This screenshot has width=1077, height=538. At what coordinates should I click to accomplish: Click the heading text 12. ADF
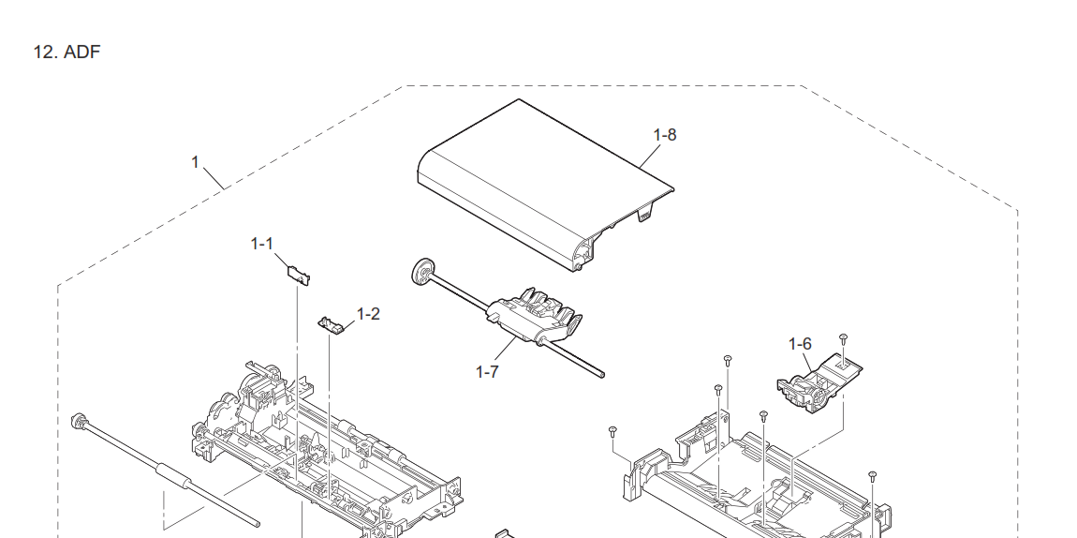66,52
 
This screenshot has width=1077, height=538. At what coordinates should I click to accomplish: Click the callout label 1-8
664,135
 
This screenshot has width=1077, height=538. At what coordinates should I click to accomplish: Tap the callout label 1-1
261,244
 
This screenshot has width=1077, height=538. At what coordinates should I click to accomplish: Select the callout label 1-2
368,314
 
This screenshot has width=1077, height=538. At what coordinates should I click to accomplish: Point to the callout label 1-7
487,371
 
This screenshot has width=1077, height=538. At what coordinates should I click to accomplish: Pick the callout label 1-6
800,345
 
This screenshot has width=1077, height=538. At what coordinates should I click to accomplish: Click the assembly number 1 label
195,162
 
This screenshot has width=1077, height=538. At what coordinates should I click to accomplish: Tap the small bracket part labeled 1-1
298,273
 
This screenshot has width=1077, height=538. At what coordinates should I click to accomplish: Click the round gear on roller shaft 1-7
421,274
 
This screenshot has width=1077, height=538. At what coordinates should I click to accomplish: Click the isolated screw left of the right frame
611,430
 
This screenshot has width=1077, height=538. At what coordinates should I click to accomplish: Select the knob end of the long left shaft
79,419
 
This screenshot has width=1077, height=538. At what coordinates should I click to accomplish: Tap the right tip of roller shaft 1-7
601,377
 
